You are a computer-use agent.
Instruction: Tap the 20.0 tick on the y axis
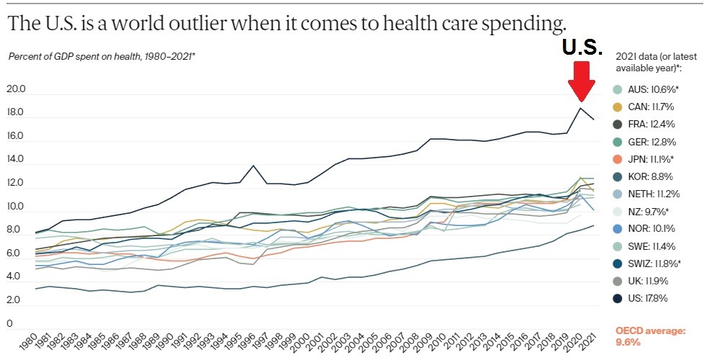[15, 90]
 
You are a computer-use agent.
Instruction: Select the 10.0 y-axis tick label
[15, 207]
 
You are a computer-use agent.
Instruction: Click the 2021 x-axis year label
[589, 341]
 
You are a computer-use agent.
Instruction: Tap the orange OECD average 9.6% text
[649, 336]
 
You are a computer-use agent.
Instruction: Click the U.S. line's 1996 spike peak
[253, 166]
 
